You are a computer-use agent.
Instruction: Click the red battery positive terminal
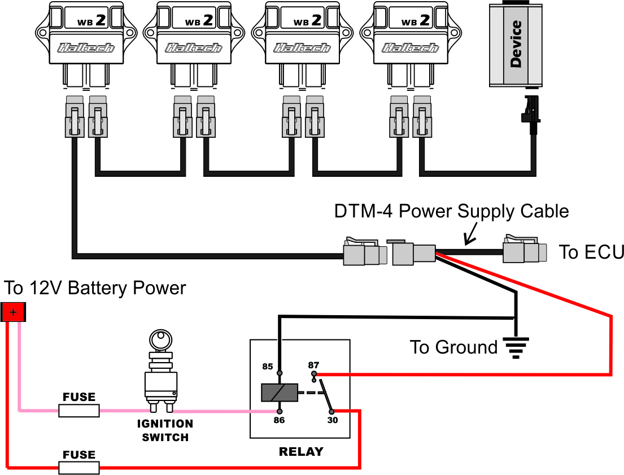tap(13, 312)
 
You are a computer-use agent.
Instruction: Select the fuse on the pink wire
tap(79, 411)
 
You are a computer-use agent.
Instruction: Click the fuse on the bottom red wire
tap(79, 467)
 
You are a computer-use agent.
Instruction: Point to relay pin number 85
tap(268, 367)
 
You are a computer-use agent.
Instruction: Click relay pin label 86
tap(279, 420)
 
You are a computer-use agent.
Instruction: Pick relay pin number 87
tap(313, 365)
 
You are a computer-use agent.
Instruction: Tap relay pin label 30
tap(333, 420)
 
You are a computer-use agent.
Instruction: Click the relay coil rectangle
tap(279, 393)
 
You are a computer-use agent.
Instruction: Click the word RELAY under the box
tap(301, 452)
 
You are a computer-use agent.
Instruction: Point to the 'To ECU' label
tap(591, 252)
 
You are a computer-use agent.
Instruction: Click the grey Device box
tap(516, 44)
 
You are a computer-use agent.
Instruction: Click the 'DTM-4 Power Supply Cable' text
tap(451, 211)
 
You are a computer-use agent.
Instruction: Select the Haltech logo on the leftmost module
tap(85, 48)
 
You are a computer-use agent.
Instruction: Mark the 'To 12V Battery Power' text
tap(95, 288)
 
